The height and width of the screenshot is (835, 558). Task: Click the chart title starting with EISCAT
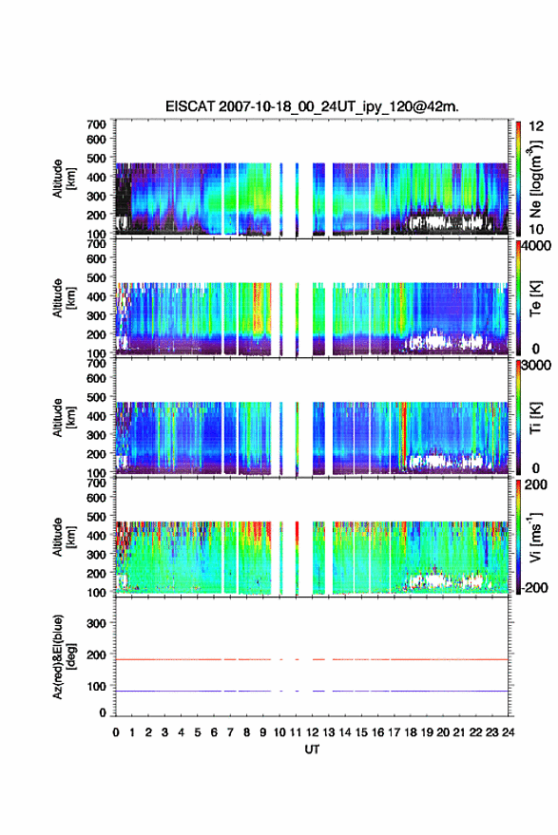(x=313, y=106)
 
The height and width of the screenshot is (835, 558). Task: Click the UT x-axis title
(x=313, y=750)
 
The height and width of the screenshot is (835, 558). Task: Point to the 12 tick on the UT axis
(x=313, y=732)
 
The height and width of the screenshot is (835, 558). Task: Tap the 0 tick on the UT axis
(x=116, y=732)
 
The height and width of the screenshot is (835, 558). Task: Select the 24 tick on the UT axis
(x=509, y=732)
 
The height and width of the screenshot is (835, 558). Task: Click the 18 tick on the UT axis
(x=411, y=732)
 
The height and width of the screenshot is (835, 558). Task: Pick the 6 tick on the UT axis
(x=214, y=732)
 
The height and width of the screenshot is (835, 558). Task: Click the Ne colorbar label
(x=535, y=179)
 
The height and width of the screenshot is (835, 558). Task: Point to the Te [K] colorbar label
(x=535, y=298)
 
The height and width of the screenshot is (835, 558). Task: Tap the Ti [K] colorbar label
(x=535, y=418)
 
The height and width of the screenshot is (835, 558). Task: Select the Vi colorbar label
(x=535, y=537)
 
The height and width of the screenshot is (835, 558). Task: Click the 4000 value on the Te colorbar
(x=537, y=246)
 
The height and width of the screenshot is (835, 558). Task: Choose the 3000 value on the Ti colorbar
(x=537, y=366)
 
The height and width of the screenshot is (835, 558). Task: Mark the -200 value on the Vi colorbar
(x=534, y=588)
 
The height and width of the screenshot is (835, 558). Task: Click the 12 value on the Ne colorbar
(x=537, y=126)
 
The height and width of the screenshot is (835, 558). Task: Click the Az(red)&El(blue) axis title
(x=64, y=656)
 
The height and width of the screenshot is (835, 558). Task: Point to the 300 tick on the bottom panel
(x=96, y=623)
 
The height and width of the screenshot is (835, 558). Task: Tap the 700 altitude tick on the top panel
(x=96, y=124)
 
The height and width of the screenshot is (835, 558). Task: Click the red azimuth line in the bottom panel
(x=312, y=659)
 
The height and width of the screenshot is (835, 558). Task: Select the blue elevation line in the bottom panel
(x=312, y=691)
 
